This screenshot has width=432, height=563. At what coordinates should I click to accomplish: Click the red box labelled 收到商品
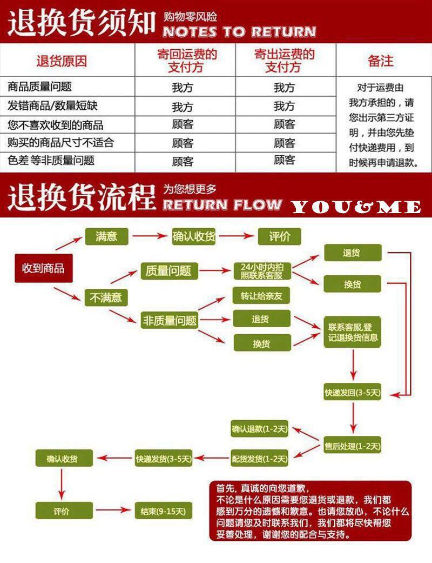pos(43,268)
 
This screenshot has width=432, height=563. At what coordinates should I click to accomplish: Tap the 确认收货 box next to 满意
pos(194,236)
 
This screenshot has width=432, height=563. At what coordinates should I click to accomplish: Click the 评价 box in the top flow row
pos(279,236)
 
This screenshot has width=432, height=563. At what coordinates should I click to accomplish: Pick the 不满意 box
pos(106,297)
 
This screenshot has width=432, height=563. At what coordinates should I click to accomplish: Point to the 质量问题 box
pos(168,271)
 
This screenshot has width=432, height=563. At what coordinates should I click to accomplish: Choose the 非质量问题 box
pos(168,320)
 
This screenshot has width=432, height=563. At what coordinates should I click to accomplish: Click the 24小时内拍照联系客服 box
pos(261,271)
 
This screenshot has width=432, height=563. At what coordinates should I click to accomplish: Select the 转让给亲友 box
pos(261,296)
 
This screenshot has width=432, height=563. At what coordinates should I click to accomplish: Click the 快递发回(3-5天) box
pos(353,393)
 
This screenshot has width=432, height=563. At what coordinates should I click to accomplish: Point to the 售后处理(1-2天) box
pos(353,447)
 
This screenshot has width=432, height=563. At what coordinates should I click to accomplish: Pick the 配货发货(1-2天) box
pos(260,459)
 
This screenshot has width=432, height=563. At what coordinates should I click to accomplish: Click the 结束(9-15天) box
pos(163,511)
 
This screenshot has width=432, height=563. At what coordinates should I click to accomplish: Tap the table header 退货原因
pos(62,61)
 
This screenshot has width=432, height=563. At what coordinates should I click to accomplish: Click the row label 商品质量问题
pos(40,87)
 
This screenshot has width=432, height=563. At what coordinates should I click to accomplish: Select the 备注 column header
pos(381,61)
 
